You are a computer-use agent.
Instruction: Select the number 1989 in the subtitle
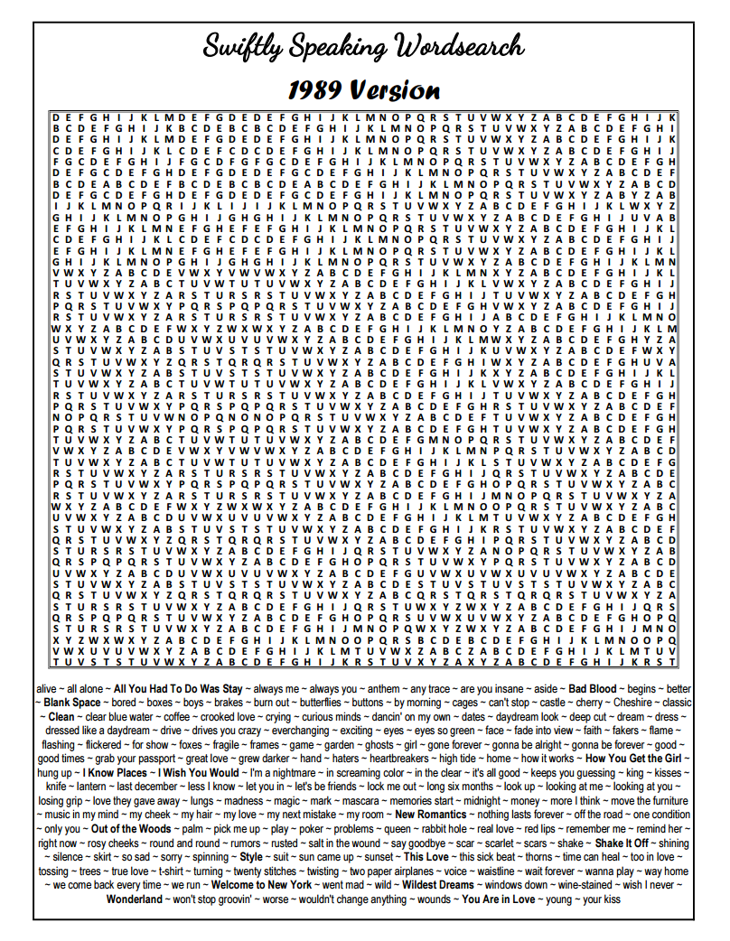point(316,90)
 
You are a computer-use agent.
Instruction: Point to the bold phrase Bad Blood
point(592,689)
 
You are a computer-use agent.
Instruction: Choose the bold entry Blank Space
point(72,702)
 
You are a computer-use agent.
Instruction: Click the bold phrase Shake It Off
point(622,843)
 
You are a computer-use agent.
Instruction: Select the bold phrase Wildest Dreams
point(437,885)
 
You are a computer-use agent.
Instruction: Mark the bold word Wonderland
point(135,899)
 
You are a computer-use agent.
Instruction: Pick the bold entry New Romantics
point(431,815)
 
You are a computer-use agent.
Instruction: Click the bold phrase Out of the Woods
point(132,829)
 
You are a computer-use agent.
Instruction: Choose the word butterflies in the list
point(321,702)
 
